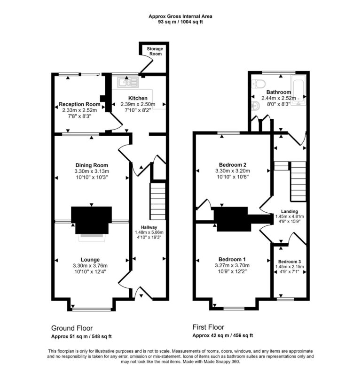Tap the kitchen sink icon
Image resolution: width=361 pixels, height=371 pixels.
pyautogui.click(x=127, y=83)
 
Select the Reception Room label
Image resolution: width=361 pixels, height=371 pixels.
pyautogui.click(x=79, y=104)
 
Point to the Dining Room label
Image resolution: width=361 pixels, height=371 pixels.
pyautogui.click(x=92, y=165)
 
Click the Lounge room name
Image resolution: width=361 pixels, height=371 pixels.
pyautogui.click(x=90, y=259)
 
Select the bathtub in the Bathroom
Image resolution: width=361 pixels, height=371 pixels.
pyautogui.click(x=297, y=90)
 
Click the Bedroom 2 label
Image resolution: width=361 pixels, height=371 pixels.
pyautogui.click(x=232, y=164)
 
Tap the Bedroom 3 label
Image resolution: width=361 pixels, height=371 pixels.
pyautogui.click(x=289, y=262)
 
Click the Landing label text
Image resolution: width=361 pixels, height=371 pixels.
pyautogui.click(x=289, y=211)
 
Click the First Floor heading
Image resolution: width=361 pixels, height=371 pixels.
pyautogui.click(x=208, y=327)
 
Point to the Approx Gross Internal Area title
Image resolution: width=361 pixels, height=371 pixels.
pyautogui.click(x=180, y=16)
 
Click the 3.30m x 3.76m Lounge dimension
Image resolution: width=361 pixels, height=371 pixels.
pyautogui.click(x=90, y=266)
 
